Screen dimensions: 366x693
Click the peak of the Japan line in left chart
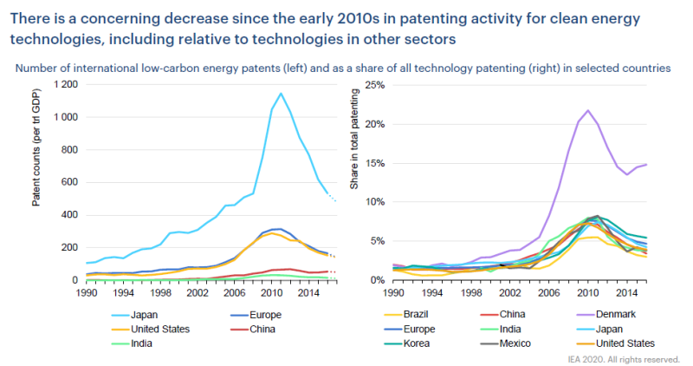[x=281, y=94]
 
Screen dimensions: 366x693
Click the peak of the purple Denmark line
[x=588, y=110]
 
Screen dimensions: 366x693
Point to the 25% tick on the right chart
[x=372, y=84]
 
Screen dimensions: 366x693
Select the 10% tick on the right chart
[x=372, y=201]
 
